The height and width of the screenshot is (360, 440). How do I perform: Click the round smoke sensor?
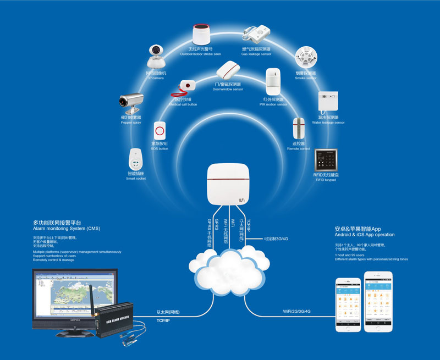point(305,58)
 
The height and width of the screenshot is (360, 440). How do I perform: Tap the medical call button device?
point(188,87)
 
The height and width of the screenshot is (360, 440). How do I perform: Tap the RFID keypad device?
point(326,158)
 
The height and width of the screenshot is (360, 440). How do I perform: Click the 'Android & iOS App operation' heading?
point(365,235)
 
